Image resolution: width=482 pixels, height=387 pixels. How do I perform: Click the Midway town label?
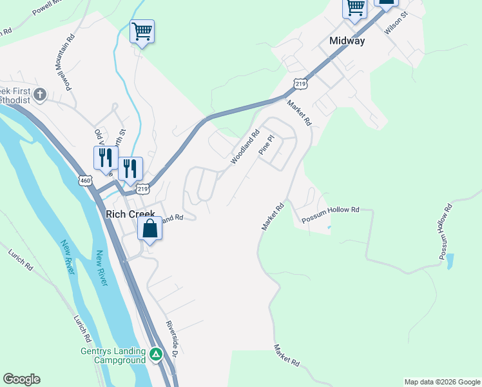point(347,41)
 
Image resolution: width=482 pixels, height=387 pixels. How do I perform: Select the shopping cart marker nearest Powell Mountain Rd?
point(142,32)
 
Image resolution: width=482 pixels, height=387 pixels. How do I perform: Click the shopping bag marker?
point(149,229)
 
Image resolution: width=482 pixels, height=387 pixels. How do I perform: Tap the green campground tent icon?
point(155,354)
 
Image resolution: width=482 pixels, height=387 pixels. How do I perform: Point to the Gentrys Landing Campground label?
point(113,356)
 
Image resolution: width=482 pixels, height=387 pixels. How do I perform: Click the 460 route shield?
point(86,181)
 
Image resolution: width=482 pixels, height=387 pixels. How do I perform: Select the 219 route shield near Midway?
point(300,83)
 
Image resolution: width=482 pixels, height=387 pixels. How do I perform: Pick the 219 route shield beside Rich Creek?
point(142,188)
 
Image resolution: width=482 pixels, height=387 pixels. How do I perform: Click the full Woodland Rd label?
point(245,146)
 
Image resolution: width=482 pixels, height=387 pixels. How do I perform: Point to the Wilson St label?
point(396,23)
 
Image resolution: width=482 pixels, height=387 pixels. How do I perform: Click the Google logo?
point(21,379)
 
